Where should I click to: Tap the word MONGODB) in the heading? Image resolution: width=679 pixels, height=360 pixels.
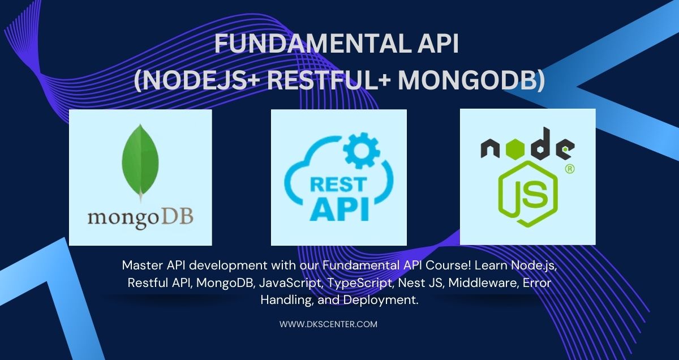[x=471, y=80]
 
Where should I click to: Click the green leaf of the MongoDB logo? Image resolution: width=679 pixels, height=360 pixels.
[x=140, y=161]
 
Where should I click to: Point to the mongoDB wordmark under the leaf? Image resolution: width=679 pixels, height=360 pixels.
[x=140, y=217]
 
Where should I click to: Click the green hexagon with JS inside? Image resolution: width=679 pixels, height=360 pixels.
[x=527, y=194]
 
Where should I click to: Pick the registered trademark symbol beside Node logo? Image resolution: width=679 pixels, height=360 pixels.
[x=570, y=169]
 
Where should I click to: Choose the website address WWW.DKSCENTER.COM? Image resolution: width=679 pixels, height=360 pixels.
[x=328, y=324]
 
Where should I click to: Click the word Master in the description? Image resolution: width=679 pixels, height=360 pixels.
[x=139, y=265]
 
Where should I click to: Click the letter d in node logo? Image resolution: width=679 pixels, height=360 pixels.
[x=542, y=144]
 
